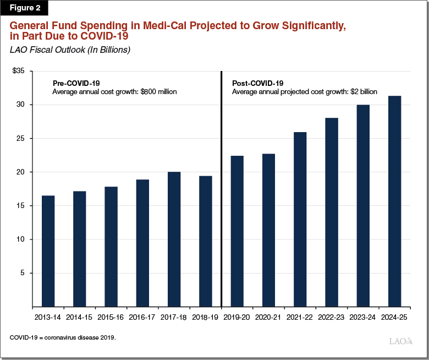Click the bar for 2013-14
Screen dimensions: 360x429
48,251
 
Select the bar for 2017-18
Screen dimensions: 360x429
174,239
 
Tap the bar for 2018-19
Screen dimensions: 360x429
206,241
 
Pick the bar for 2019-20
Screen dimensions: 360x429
237,231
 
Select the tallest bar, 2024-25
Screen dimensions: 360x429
395,201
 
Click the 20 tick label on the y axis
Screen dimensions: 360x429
21,172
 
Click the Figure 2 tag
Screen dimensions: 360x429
24,8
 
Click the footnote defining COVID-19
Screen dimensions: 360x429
63,336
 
